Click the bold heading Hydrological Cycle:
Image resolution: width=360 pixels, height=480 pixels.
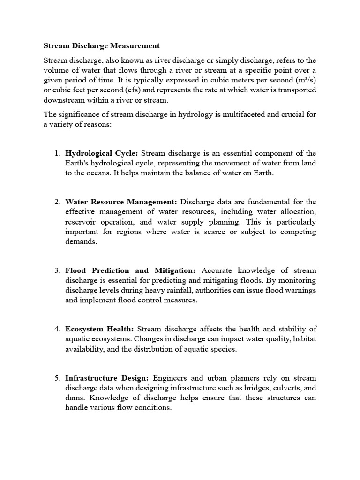coord(102,153)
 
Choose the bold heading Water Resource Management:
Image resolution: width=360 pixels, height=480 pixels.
coord(121,202)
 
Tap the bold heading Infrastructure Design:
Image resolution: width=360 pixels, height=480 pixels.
coord(107,378)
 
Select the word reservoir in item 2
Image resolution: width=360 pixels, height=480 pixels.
coord(81,222)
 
